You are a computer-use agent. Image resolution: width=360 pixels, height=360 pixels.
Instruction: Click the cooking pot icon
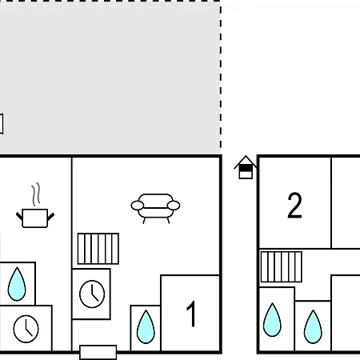click(35, 218)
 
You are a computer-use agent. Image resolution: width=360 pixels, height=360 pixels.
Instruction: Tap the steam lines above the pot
click(36, 194)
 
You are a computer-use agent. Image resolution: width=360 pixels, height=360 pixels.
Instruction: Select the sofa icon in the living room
click(155, 209)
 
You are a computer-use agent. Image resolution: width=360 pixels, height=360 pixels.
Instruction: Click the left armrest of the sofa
click(138, 206)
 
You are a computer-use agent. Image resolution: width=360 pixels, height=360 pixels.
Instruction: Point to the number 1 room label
click(191, 314)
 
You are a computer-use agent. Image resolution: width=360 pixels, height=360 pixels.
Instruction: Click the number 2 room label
click(294, 205)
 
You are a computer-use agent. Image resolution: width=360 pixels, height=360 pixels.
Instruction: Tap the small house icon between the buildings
click(246, 167)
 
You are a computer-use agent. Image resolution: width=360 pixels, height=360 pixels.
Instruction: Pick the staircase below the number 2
click(282, 266)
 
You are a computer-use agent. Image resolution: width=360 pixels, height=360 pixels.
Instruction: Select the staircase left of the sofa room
click(98, 249)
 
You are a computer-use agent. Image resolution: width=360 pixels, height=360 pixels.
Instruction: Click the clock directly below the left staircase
click(92, 294)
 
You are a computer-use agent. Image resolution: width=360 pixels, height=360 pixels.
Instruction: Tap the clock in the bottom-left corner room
click(26, 329)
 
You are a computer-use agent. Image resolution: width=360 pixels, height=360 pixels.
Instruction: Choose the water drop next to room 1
click(146, 326)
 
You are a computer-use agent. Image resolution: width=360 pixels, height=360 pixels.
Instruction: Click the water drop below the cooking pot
click(17, 284)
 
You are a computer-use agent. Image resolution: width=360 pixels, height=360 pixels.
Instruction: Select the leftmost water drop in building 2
click(272, 320)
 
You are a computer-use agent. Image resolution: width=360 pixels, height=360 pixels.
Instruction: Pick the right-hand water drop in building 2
click(313, 326)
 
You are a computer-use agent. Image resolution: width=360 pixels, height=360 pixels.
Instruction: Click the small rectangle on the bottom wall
click(98, 352)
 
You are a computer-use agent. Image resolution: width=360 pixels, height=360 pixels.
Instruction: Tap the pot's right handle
click(50, 217)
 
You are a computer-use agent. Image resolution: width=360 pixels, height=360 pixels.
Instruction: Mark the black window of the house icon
click(246, 168)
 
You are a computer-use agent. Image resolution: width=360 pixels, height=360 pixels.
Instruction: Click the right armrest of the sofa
click(174, 206)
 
